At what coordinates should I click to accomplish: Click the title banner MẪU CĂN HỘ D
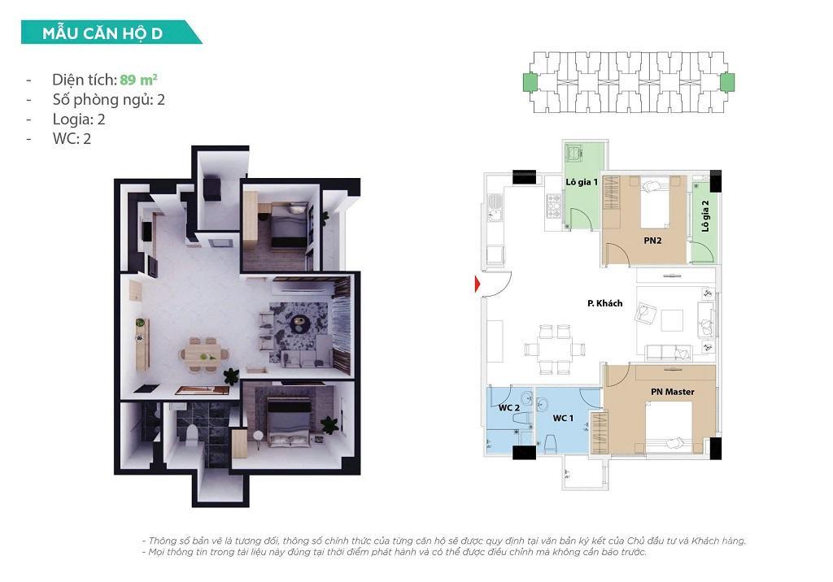[103, 33]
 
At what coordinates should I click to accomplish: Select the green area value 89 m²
[138, 80]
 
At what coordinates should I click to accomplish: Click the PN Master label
[672, 392]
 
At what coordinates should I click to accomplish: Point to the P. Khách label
[604, 303]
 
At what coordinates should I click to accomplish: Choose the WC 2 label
[509, 407]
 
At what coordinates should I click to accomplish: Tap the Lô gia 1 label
[582, 182]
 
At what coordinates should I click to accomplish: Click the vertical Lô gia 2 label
[704, 217]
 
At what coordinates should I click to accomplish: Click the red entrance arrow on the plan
[478, 283]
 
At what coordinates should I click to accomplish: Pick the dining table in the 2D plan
[554, 347]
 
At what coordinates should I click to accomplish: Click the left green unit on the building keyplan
[530, 82]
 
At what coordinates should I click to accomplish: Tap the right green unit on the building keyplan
[726, 82]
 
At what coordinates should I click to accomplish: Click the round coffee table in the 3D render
[299, 323]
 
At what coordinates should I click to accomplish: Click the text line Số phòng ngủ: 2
[109, 99]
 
